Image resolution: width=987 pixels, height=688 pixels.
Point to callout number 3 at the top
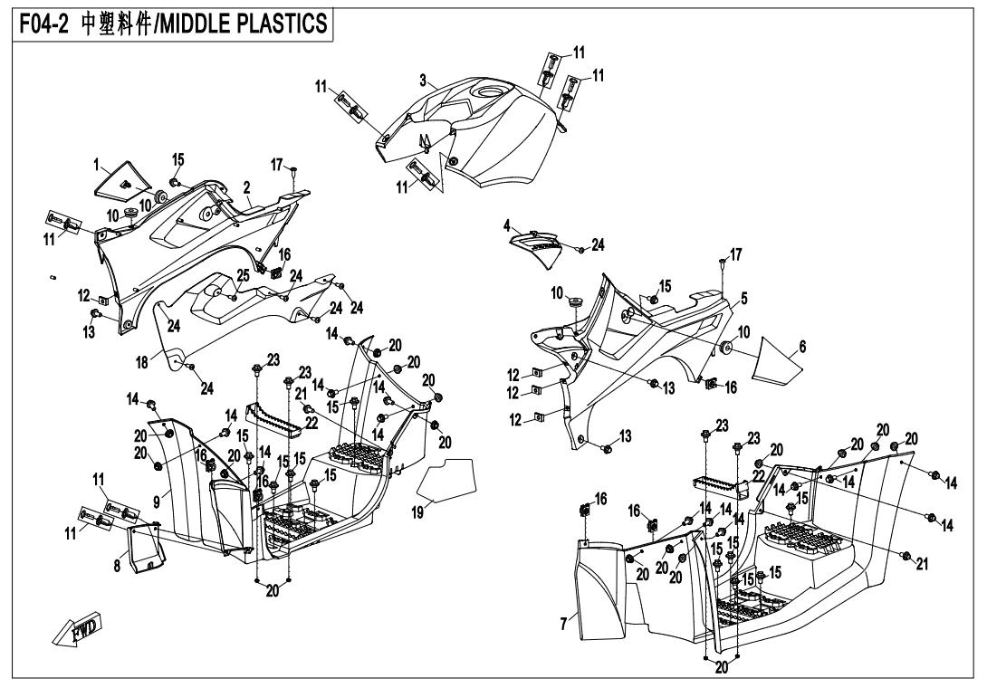(x=422, y=80)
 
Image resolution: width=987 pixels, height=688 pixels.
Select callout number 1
(x=95, y=165)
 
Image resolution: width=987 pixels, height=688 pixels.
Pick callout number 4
(x=508, y=224)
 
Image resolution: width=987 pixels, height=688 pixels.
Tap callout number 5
(x=743, y=296)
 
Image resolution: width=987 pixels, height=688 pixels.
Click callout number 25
(x=217, y=274)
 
